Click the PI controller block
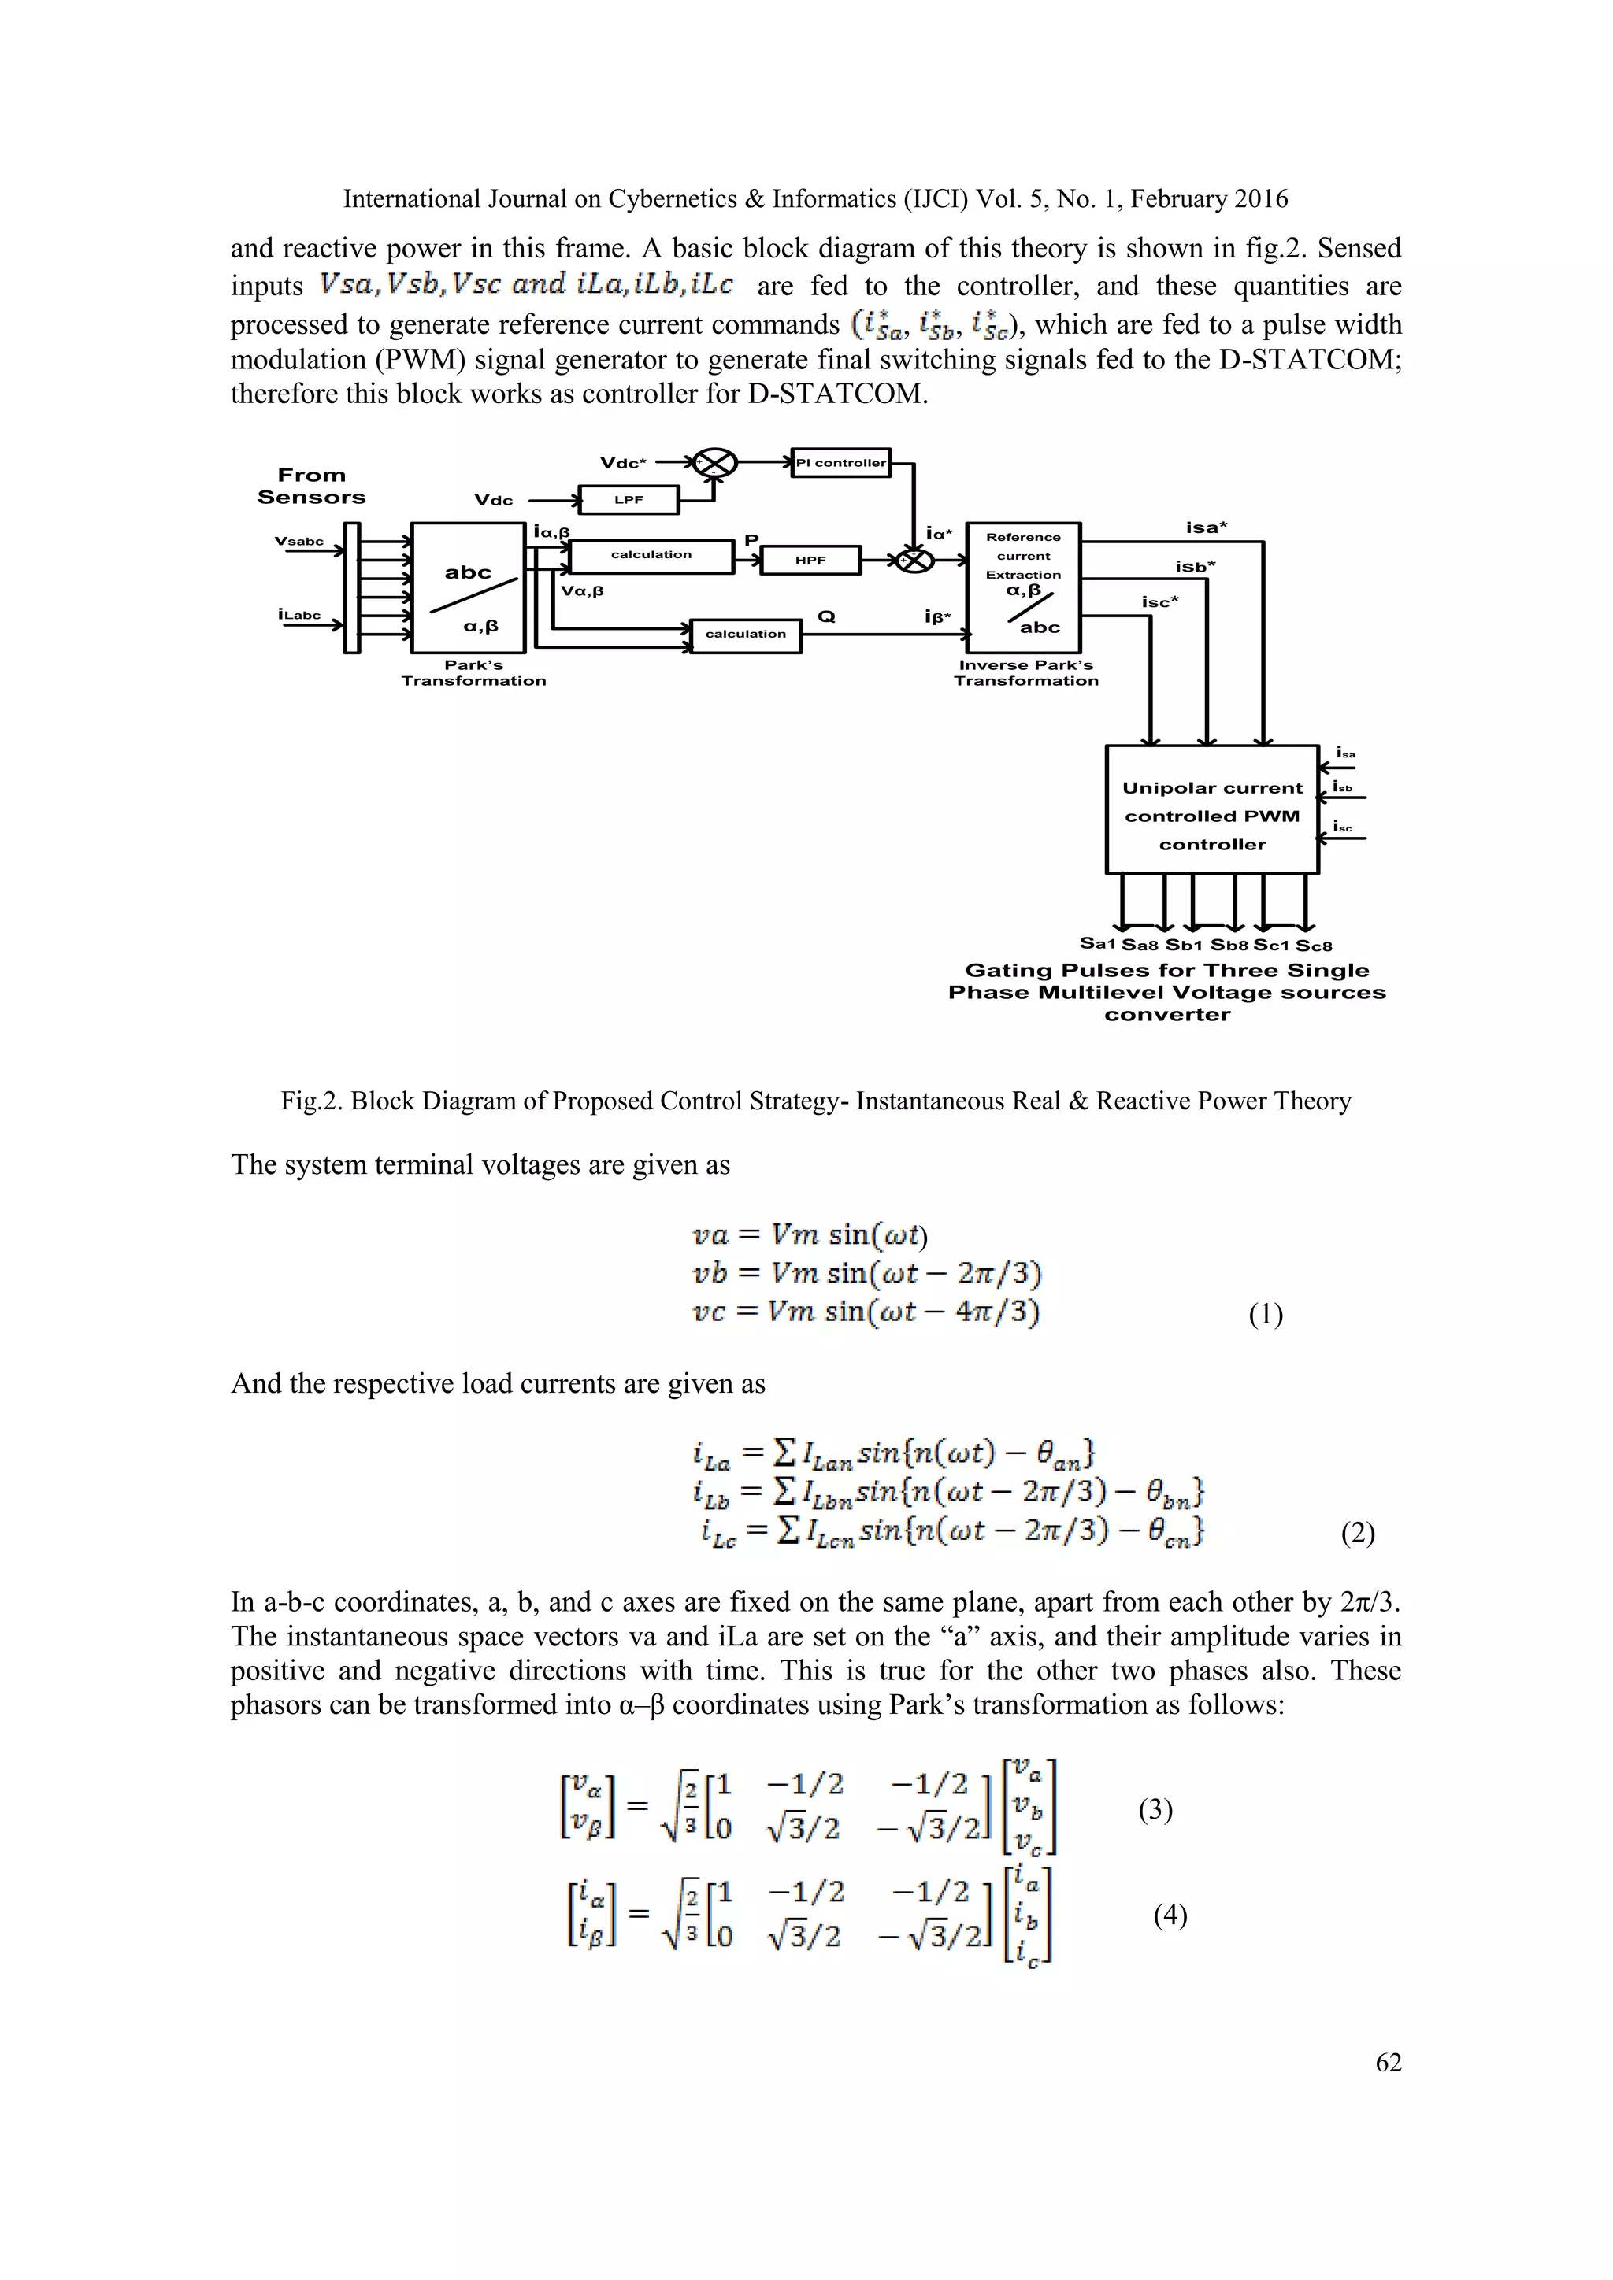pyautogui.click(x=840, y=463)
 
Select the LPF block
pyautogui.click(x=629, y=499)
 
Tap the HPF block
pyautogui.click(x=810, y=560)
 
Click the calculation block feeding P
pyautogui.click(x=651, y=555)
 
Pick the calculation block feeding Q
pyautogui.click(x=745, y=634)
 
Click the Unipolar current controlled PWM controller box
pyautogui.click(x=1212, y=809)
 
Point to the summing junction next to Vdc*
pyautogui.click(x=715, y=463)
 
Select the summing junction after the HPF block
pyautogui.click(x=914, y=560)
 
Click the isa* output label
pyautogui.click(x=1207, y=527)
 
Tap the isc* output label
pyautogui.click(x=1160, y=601)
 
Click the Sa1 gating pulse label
pyautogui.click(x=1099, y=943)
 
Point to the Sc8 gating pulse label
pyautogui.click(x=1314, y=946)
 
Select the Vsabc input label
pyautogui.click(x=299, y=541)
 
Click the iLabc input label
pyautogui.click(x=299, y=615)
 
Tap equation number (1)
pyautogui.click(x=1266, y=1315)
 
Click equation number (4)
pyautogui.click(x=1170, y=1915)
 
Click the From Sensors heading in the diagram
pyautogui.click(x=311, y=487)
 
